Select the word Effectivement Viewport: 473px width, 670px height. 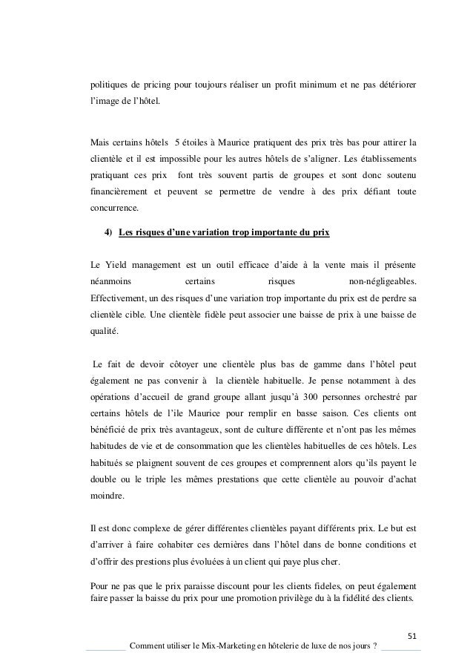115,298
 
